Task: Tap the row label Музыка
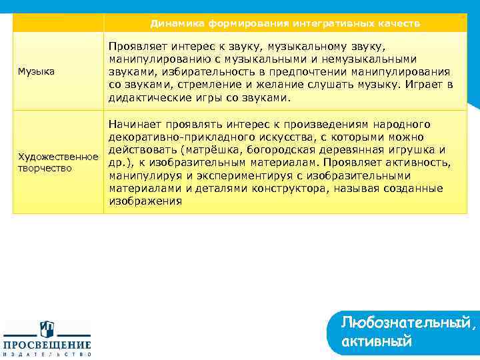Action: click(36, 71)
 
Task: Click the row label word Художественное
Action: click(57, 157)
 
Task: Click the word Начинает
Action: click(135, 125)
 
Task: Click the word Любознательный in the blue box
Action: click(408, 323)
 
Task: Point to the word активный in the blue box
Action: click(376, 342)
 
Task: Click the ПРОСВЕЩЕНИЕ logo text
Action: click(47, 345)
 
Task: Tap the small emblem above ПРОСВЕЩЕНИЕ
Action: click(47, 329)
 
